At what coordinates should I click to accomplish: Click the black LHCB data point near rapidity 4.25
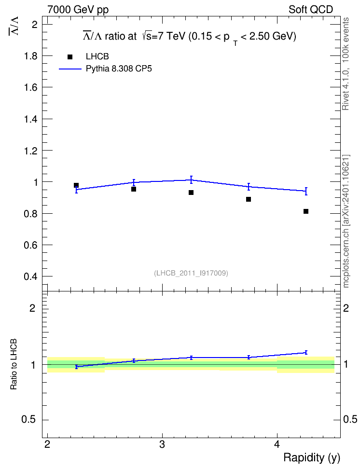(x=306, y=211)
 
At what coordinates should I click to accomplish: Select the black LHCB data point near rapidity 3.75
(x=249, y=199)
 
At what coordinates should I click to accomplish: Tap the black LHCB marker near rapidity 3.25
(x=191, y=193)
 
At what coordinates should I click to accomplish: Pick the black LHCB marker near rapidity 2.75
(x=134, y=189)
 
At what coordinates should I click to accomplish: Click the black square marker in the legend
(x=70, y=57)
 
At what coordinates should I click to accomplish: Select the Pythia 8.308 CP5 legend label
(x=119, y=69)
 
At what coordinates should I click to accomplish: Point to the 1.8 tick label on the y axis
(x=31, y=56)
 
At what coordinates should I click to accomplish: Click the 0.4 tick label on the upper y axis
(x=31, y=276)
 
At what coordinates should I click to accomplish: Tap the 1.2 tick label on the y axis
(x=31, y=151)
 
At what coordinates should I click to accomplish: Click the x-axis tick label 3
(x=162, y=444)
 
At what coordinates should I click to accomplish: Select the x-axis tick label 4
(x=277, y=444)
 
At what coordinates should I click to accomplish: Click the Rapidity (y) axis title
(x=312, y=458)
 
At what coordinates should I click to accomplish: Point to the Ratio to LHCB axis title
(x=14, y=364)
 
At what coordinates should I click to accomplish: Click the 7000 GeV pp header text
(x=78, y=10)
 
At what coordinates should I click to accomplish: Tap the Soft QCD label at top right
(x=311, y=10)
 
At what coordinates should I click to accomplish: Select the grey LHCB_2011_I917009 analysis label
(x=191, y=273)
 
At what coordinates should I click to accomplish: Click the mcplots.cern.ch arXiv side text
(x=346, y=221)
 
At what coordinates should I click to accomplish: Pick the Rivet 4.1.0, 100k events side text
(x=346, y=64)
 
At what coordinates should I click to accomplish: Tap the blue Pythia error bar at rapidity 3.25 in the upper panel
(x=191, y=180)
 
